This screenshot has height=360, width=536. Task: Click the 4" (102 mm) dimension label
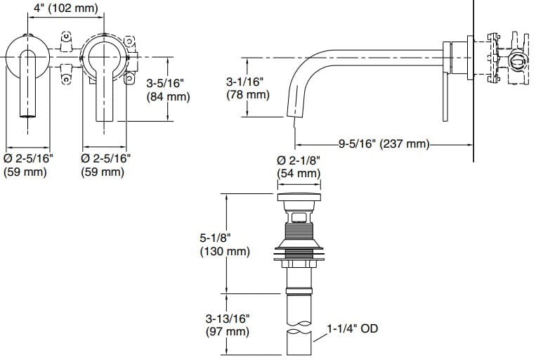pyautogui.click(x=65, y=9)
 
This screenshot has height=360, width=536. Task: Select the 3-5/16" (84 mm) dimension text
pyautogui.click(x=168, y=90)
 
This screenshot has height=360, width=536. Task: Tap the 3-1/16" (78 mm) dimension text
pyautogui.click(x=247, y=88)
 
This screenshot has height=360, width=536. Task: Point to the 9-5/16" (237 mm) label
pyautogui.click(x=384, y=144)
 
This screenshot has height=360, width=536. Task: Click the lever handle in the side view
pyautogui.click(x=445, y=91)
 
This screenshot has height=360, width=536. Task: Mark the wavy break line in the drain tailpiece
pyautogui.click(x=299, y=328)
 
